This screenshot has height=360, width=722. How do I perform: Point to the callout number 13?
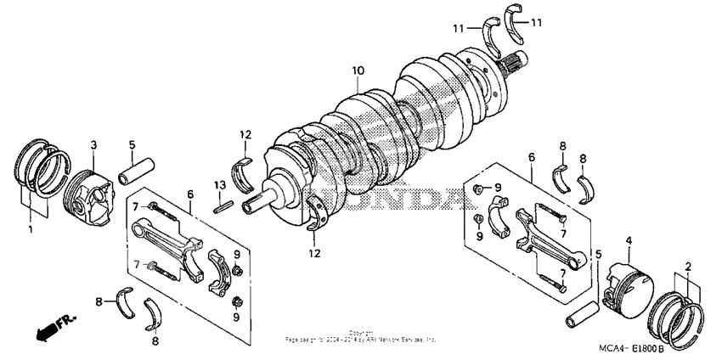click(x=218, y=185)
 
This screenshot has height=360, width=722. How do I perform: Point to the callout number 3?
click(x=93, y=145)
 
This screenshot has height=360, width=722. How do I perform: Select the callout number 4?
click(x=629, y=241)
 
